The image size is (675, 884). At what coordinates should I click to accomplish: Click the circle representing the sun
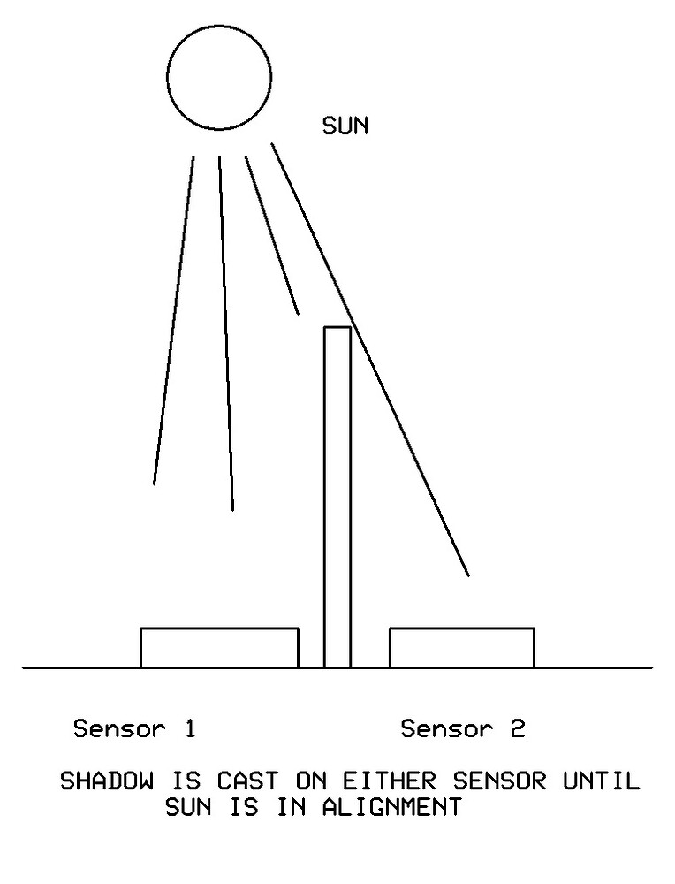click(219, 78)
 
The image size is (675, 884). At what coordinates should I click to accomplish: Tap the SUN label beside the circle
click(345, 126)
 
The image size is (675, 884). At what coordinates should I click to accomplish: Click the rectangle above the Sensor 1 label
click(219, 647)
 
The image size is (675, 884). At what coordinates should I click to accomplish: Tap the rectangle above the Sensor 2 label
click(461, 647)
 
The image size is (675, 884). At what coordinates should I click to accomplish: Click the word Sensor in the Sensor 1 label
click(119, 729)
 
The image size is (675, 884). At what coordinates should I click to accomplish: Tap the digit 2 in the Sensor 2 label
click(517, 729)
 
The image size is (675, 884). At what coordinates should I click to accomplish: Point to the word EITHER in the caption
click(391, 782)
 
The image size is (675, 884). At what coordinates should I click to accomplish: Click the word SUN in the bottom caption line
click(188, 808)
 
